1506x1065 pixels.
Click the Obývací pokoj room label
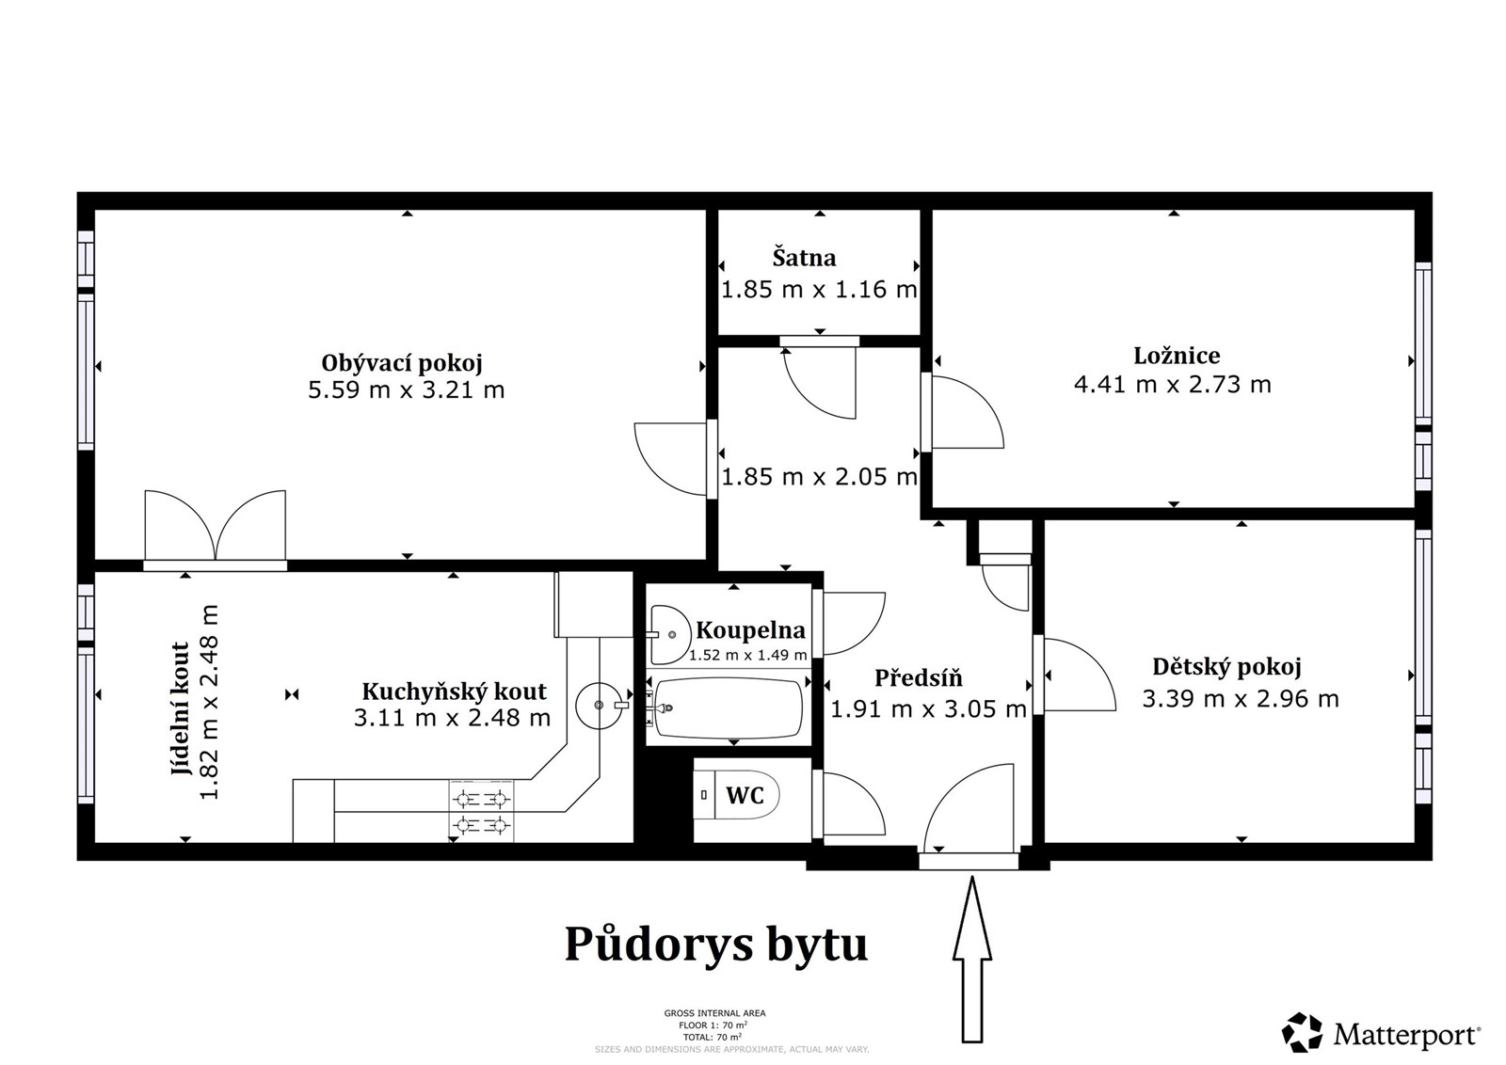click(x=402, y=363)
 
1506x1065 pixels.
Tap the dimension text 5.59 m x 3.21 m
click(x=406, y=389)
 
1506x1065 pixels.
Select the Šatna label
click(x=804, y=258)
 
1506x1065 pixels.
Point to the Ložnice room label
click(x=1177, y=356)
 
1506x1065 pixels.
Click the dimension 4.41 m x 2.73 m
click(x=1172, y=384)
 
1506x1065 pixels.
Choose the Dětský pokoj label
click(x=1226, y=667)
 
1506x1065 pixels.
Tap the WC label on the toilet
click(x=745, y=796)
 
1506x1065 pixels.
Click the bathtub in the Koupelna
click(x=729, y=707)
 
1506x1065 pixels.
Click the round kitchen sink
click(x=599, y=704)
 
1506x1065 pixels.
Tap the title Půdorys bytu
click(x=715, y=944)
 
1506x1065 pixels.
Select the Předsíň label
click(x=919, y=678)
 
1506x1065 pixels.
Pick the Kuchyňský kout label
click(x=454, y=691)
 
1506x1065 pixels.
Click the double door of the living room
click(x=215, y=527)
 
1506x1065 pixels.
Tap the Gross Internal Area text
click(x=714, y=1013)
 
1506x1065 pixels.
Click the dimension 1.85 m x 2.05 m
click(x=819, y=477)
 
